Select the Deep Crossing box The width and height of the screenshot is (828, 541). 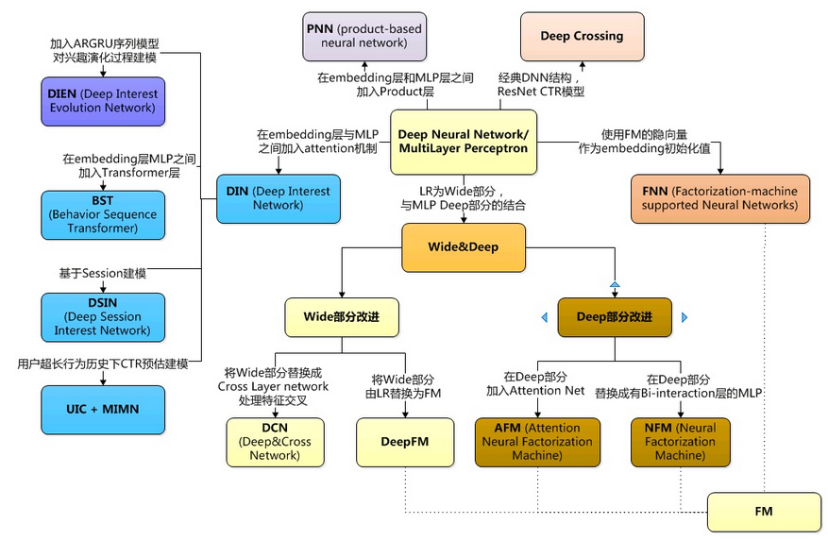pos(582,37)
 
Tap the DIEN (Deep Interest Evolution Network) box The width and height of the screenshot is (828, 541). pos(102,101)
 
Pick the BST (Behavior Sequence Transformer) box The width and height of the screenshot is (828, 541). pos(102,215)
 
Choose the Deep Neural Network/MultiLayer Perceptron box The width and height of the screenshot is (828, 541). pos(463,142)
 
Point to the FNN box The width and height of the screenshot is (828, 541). pos(720,198)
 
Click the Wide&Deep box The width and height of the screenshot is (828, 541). pos(463,247)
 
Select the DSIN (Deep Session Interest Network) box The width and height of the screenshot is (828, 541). pos(102,317)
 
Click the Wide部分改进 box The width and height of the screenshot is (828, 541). pos(341,317)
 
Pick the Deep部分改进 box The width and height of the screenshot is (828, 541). pos(615,317)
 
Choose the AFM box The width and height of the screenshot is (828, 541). pos(538,442)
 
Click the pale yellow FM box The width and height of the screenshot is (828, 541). pos(763,511)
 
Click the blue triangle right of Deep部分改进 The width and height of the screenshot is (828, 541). pos(684,317)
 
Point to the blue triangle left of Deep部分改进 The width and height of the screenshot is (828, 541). pos(545,317)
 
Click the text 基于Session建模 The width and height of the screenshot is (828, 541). pos(102,274)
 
